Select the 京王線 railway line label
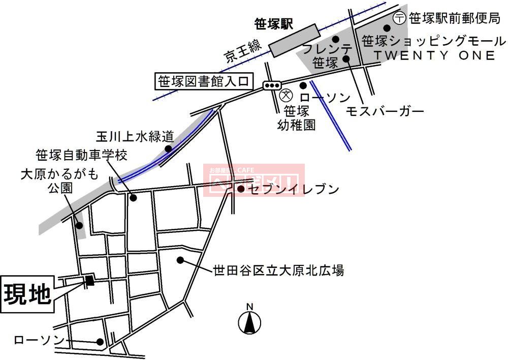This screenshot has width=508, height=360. pos(242,49)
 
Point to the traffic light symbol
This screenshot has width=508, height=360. pos(272,85)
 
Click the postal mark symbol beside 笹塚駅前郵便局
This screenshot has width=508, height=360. pos(400,18)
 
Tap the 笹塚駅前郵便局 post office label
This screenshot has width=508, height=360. pos(454,19)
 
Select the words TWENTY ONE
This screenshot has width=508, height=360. pos(434,55)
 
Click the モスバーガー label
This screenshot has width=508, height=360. pos(385,111)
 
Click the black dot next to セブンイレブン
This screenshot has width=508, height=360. pos(241,190)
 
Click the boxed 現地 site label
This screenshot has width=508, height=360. pos(27,293)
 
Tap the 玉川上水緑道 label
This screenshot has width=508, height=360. pos(135,136)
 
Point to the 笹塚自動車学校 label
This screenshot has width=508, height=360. pos(81,155)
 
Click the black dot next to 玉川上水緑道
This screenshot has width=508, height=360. pos(168,148)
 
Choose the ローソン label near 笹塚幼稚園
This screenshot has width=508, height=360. pos(325,98)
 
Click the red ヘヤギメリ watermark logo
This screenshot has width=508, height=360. pos(254,180)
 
